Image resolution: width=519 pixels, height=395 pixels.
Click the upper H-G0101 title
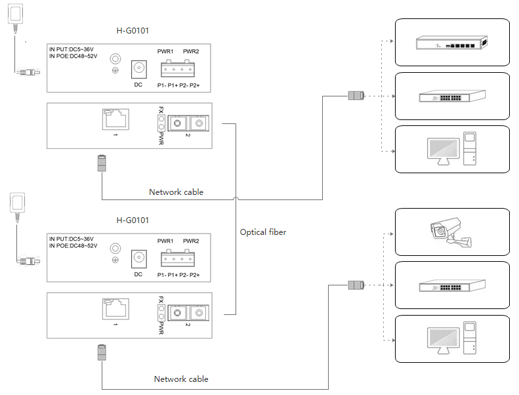(136, 30)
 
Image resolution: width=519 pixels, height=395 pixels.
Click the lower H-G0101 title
(136, 220)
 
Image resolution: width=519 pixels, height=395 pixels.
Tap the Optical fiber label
(263, 232)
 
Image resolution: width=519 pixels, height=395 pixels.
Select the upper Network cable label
(176, 192)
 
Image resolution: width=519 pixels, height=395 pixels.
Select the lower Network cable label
(181, 379)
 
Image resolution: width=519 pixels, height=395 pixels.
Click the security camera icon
(451, 233)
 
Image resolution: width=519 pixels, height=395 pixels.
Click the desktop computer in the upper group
(452, 150)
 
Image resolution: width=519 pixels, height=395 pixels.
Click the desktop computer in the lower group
(452, 339)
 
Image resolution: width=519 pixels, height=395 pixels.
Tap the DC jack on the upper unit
(138, 68)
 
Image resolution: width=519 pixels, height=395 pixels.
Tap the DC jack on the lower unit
(138, 258)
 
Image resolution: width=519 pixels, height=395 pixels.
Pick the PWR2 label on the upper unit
(192, 52)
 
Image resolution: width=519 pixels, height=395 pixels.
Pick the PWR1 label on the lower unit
(165, 241)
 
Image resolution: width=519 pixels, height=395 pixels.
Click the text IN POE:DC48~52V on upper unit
(73, 56)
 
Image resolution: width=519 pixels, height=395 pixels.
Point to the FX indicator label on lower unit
(161, 301)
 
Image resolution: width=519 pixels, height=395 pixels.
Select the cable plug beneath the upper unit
(102, 163)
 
